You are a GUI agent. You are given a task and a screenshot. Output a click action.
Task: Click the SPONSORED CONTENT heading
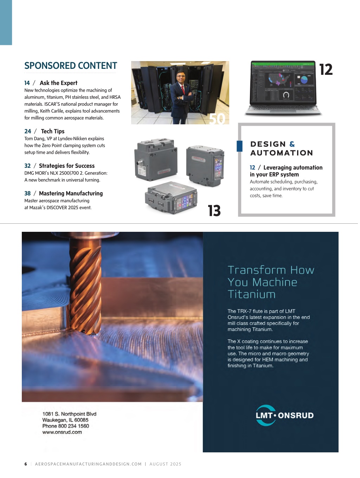(71, 66)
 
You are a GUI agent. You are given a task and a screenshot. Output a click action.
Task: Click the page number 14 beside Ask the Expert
(27, 83)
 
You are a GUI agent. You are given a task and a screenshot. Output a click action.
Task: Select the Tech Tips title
(53, 131)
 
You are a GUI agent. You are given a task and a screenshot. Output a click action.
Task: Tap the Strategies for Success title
(67, 166)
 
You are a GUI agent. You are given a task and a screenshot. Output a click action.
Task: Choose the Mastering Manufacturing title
(71, 194)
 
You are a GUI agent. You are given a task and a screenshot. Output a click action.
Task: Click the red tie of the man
(182, 90)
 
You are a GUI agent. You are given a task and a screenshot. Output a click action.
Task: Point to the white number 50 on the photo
(217, 119)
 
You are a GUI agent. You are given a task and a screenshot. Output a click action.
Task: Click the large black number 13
(214, 211)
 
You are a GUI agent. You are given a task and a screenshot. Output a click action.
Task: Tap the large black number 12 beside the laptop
(326, 70)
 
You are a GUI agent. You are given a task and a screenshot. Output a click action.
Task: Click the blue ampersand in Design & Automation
(292, 144)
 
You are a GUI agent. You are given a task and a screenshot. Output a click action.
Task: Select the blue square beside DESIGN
(239, 146)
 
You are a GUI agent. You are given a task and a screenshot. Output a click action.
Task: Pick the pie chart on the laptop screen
(304, 80)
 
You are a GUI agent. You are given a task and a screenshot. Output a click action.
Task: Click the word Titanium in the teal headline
(252, 294)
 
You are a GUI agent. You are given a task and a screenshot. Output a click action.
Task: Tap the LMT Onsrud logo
(285, 415)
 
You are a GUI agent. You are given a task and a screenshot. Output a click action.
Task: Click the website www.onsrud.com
(62, 432)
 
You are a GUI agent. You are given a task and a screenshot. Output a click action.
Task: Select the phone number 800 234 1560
(73, 426)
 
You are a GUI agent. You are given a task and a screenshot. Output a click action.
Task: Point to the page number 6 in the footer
(26, 464)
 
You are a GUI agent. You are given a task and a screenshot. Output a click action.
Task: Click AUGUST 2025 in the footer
(165, 464)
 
